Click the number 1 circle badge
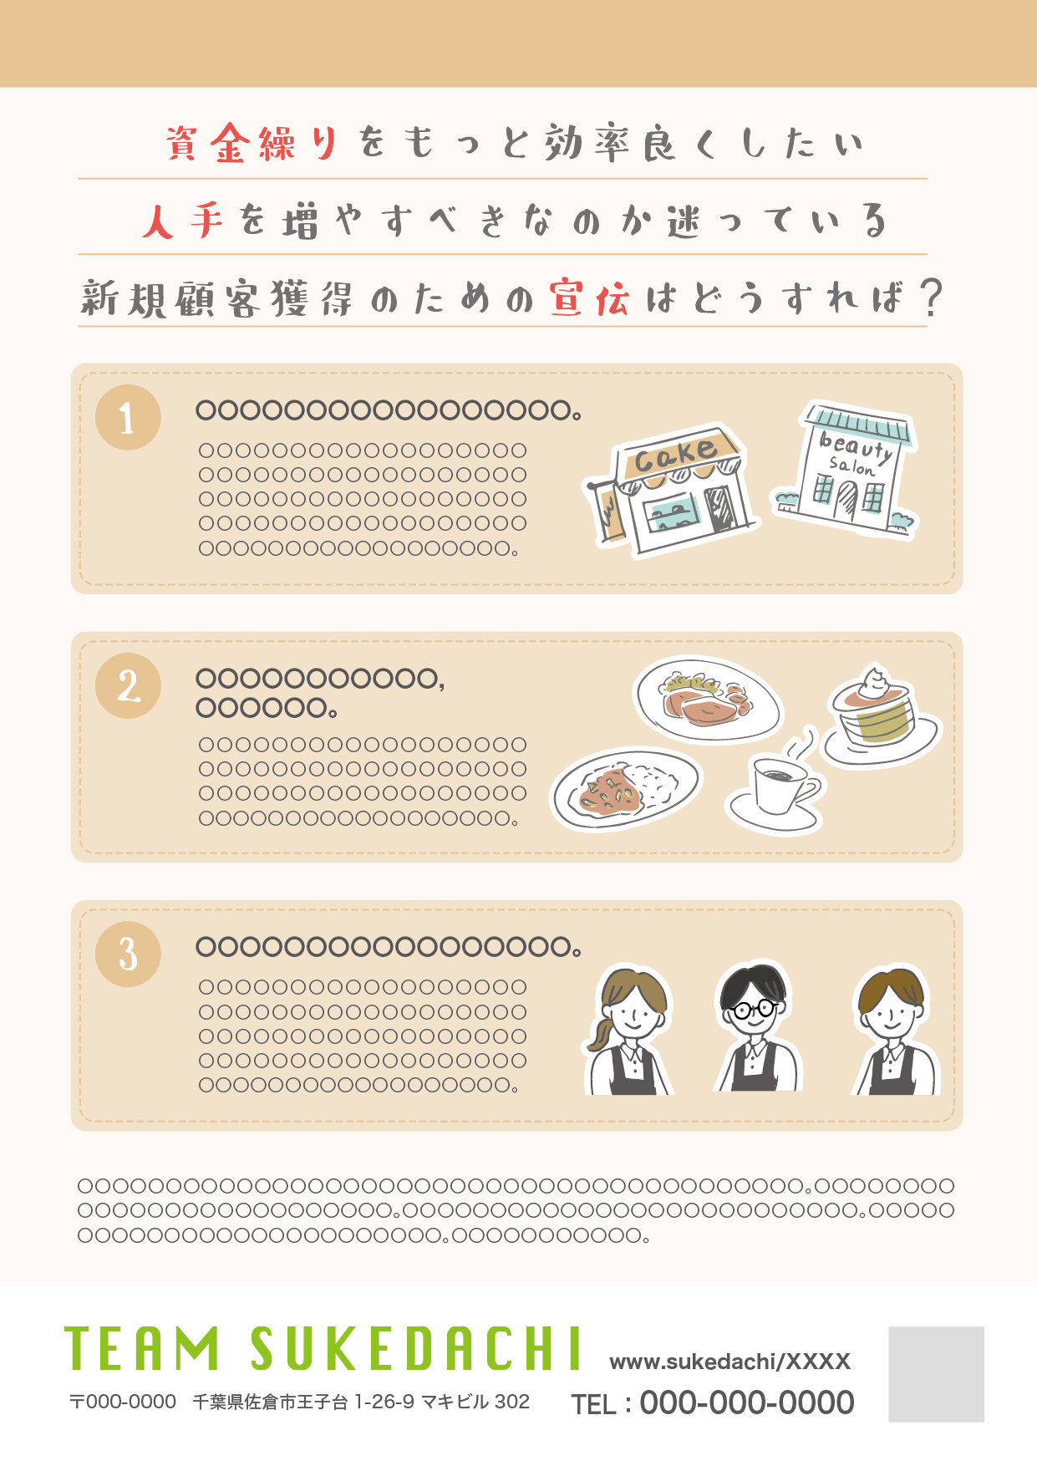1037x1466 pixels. [x=128, y=417]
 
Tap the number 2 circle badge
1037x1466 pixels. [x=128, y=686]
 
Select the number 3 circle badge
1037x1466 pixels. [x=128, y=954]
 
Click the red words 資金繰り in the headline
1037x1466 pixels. [x=252, y=143]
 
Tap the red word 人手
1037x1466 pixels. [x=183, y=221]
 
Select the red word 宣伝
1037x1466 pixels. [x=589, y=298]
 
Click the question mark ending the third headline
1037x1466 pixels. [x=930, y=298]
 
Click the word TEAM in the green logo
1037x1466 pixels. [x=142, y=1348]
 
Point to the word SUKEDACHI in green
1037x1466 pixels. [x=415, y=1348]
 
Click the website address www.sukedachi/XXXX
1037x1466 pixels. [x=729, y=1362]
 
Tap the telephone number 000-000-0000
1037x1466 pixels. [x=746, y=1402]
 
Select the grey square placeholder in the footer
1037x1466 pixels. [x=936, y=1374]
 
